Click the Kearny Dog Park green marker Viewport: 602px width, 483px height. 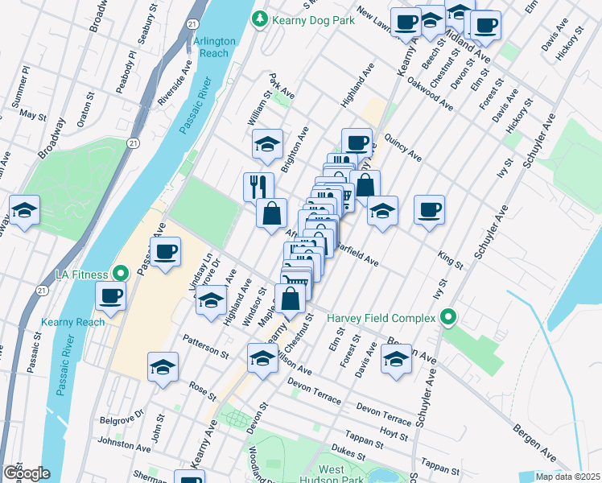(x=259, y=18)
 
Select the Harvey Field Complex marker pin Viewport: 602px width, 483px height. (x=449, y=317)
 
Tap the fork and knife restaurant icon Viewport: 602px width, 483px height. (x=258, y=186)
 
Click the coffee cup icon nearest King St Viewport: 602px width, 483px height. (x=429, y=209)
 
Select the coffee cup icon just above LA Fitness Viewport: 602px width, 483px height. (x=165, y=251)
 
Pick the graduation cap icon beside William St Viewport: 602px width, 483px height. (x=267, y=144)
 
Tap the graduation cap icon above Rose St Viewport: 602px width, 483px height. (x=162, y=366)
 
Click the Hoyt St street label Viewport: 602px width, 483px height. (x=394, y=436)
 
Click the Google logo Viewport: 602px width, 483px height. (x=26, y=473)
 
